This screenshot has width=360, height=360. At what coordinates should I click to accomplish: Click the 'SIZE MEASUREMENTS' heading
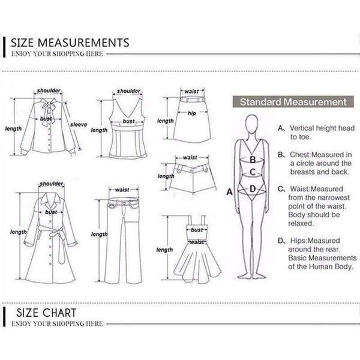70,43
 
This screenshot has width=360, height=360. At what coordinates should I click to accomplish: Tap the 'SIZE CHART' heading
46,313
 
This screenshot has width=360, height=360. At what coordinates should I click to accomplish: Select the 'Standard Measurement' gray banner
293,102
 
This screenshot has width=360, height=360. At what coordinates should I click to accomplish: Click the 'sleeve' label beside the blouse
79,124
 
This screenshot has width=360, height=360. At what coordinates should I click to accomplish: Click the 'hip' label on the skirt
192,113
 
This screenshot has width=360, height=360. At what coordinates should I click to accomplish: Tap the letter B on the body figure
253,160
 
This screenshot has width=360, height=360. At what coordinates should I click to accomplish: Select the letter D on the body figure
253,189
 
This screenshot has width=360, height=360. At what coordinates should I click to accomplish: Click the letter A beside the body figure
230,192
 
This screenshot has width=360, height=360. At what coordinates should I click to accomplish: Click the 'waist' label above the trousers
122,190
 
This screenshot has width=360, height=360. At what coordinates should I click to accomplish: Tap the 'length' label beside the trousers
99,235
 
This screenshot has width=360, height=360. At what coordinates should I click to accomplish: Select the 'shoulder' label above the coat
52,184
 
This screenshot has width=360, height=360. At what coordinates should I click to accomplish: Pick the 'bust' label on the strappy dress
197,230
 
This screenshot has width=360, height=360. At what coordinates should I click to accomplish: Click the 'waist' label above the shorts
190,157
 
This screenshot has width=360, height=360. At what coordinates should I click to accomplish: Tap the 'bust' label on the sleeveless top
128,121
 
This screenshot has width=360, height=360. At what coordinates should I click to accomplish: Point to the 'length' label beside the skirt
166,121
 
